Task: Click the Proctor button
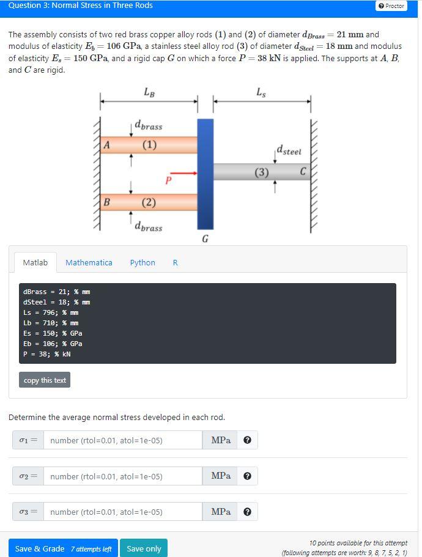(x=391, y=6)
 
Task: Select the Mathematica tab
(x=89, y=263)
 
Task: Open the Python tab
(x=143, y=263)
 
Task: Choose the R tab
(x=175, y=263)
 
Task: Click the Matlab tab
(x=35, y=263)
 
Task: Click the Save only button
(x=144, y=548)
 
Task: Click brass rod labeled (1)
(x=149, y=145)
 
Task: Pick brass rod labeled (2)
(x=149, y=202)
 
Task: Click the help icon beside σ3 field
(x=247, y=512)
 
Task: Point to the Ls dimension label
(x=261, y=92)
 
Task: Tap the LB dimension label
(x=149, y=92)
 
